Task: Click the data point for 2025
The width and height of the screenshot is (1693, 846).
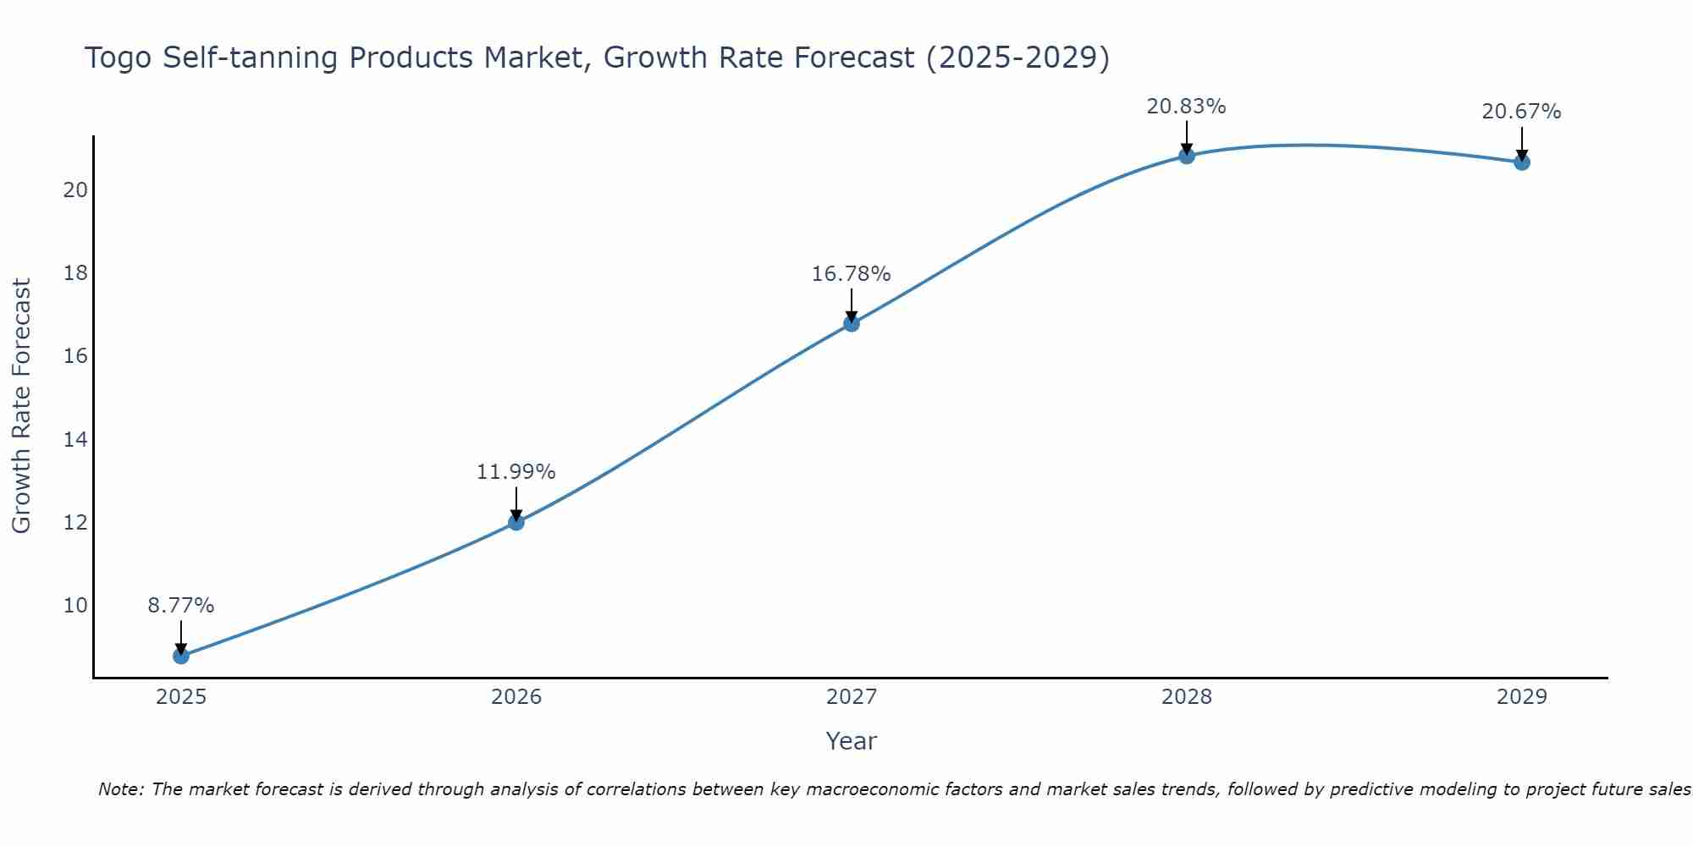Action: (181, 656)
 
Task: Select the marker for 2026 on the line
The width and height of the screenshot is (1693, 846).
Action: (516, 522)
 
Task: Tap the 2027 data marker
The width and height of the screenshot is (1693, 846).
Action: (852, 323)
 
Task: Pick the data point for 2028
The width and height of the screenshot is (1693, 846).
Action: (1187, 156)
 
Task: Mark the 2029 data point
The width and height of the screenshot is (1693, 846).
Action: (1522, 162)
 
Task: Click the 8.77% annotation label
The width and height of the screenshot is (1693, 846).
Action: (181, 606)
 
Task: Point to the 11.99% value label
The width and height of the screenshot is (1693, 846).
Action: (516, 472)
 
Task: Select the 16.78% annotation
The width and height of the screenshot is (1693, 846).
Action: (852, 274)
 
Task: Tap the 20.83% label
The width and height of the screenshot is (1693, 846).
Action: (1187, 107)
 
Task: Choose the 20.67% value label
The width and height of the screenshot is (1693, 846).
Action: (1522, 112)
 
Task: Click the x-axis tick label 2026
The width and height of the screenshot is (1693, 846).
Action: (516, 697)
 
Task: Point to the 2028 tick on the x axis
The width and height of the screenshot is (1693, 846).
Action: (1187, 697)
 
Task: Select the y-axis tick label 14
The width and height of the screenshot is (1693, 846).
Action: (75, 439)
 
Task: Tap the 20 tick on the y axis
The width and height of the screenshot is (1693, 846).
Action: (75, 190)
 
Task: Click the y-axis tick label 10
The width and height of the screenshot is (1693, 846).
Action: (75, 606)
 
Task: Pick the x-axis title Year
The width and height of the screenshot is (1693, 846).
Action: (852, 741)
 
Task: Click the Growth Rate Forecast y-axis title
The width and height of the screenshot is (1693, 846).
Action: (22, 406)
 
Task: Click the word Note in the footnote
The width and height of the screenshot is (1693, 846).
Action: (122, 790)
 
